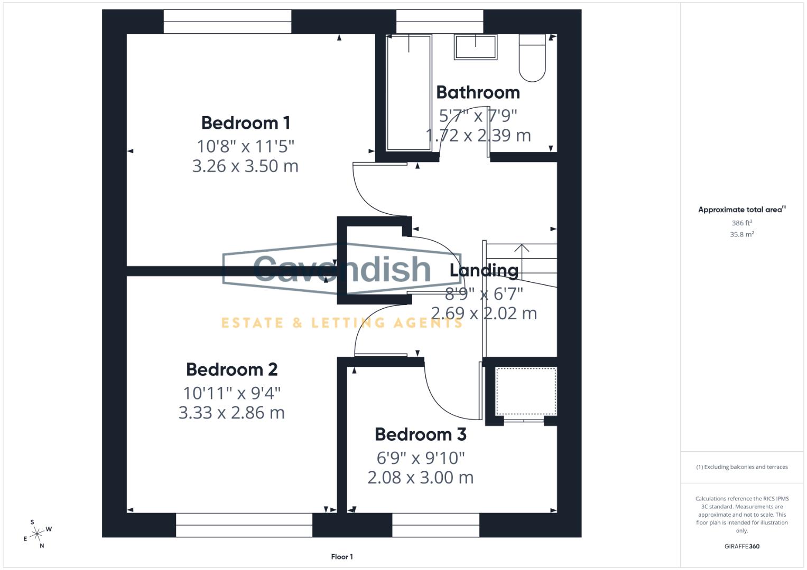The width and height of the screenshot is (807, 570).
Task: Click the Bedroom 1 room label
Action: [246, 123]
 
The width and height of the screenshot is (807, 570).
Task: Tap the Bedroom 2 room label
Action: [231, 369]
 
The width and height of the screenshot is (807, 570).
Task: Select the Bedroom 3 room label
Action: [421, 434]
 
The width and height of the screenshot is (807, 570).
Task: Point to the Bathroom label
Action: [478, 92]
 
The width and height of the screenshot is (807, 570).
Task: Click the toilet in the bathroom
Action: [532, 58]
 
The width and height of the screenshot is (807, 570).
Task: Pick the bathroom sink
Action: [475, 47]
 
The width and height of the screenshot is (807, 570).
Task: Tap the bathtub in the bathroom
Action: [409, 92]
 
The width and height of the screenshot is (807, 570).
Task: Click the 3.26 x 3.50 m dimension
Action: [245, 166]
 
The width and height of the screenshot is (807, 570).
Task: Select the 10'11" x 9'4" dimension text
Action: [231, 393]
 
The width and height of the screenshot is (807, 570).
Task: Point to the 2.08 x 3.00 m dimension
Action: [421, 478]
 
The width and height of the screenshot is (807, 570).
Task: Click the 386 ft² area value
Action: [741, 223]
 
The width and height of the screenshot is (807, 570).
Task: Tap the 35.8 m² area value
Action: [741, 234]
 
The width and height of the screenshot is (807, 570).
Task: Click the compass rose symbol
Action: [37, 534]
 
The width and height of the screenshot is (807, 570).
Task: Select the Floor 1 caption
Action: [342, 557]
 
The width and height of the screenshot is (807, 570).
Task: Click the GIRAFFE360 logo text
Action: [741, 546]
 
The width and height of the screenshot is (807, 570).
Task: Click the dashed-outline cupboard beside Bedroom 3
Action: [525, 391]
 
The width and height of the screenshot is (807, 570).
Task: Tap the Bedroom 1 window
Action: [227, 22]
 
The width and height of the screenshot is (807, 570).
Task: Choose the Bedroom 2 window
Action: [244, 525]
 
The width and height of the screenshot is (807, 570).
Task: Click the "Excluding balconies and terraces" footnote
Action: [741, 467]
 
